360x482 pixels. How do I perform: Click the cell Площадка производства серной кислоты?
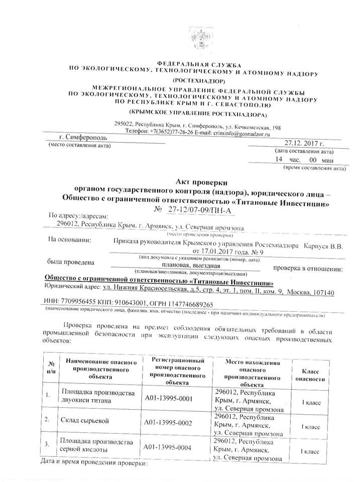pyautogui.click(x=97, y=446)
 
